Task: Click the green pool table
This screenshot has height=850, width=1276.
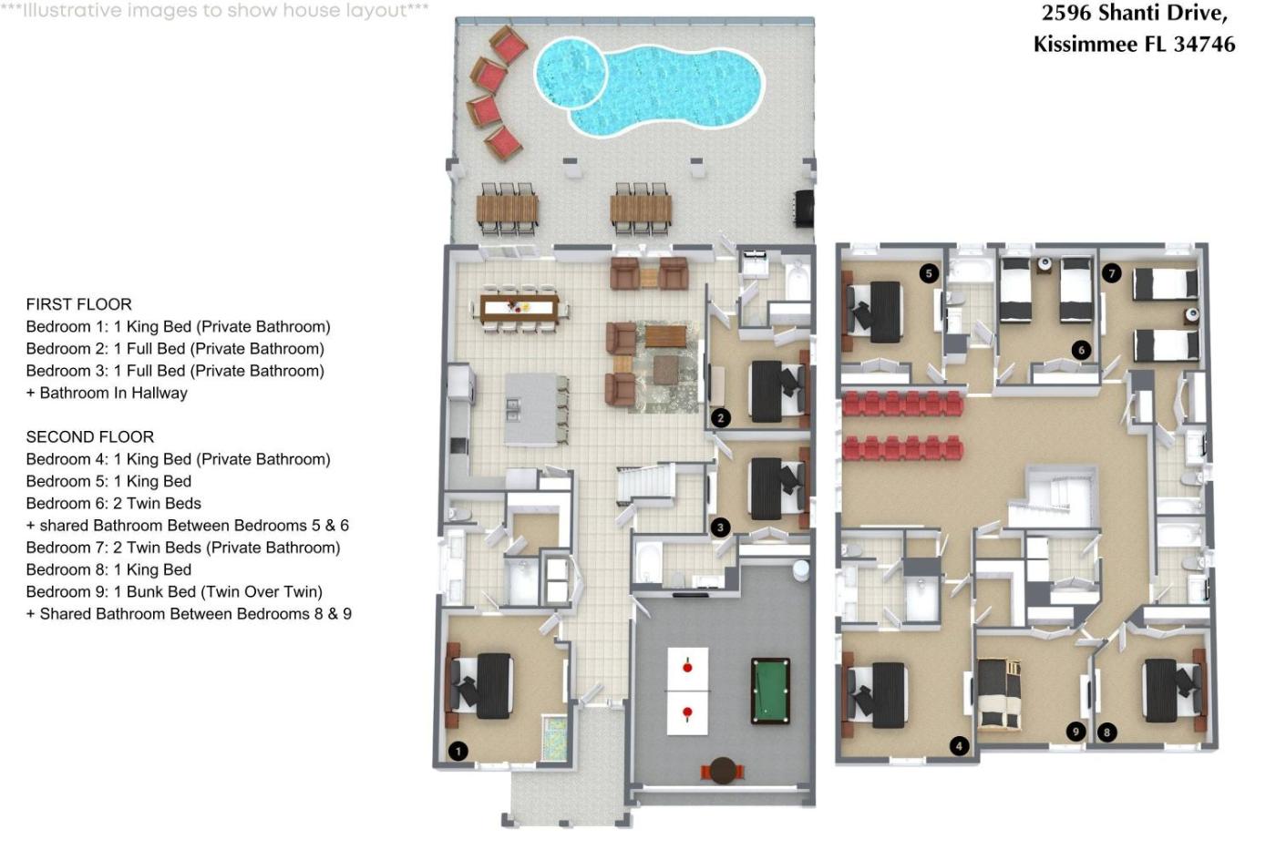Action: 770,691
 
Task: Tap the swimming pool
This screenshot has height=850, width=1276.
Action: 649,87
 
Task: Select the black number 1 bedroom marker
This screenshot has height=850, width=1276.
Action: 458,752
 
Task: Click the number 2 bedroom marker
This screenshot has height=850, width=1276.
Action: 721,418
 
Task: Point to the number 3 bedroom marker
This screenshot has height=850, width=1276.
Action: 720,527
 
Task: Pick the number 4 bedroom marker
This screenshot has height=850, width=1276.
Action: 959,746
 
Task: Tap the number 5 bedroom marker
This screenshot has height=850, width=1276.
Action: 929,274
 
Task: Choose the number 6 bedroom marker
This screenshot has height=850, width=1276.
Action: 1081,350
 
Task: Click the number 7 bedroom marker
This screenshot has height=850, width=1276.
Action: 1111,273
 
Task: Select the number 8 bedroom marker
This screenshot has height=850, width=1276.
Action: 1106,732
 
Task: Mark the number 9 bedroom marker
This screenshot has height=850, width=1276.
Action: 1075,732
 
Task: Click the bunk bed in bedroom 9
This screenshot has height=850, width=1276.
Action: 999,694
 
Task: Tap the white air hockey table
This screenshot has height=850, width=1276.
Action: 687,691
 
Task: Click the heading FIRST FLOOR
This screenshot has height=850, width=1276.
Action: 78,304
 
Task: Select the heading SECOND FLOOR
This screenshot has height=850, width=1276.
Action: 90,437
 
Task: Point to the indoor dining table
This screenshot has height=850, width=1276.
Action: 520,308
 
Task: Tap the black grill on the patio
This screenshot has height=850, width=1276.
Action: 804,209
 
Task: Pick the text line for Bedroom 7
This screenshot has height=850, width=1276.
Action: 183,548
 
